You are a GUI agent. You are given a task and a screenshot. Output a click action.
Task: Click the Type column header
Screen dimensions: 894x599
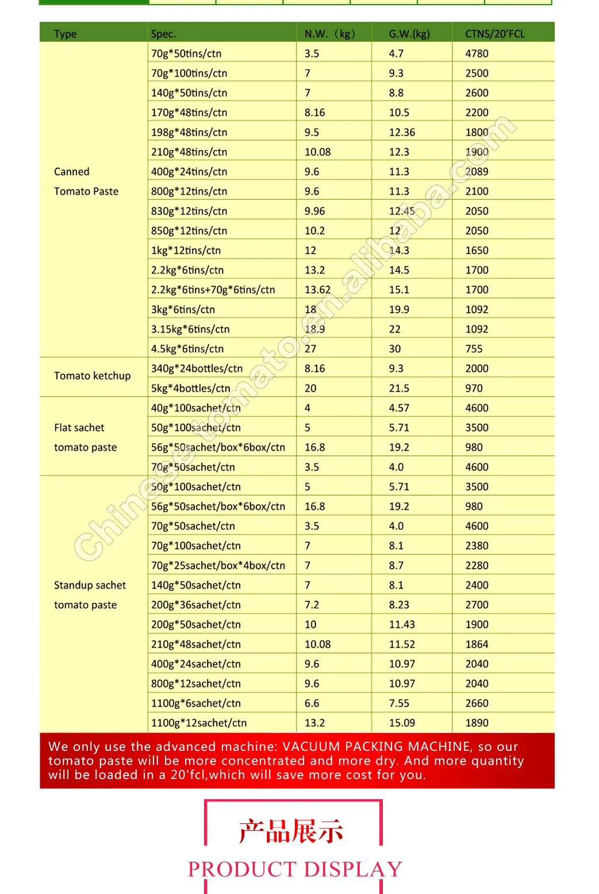(65, 34)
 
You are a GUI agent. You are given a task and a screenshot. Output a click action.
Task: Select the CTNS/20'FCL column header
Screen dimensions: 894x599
(494, 34)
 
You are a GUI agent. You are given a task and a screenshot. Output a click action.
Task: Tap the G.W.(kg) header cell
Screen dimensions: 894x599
(409, 34)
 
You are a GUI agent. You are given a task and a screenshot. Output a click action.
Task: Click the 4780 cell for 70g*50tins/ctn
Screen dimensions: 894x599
(477, 53)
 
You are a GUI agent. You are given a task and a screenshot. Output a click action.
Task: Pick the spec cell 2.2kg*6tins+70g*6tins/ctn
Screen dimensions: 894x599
(213, 290)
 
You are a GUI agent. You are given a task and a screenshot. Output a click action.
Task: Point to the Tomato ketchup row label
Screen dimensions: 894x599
(92, 376)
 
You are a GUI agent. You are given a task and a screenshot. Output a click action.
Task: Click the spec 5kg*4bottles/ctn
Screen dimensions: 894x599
(190, 388)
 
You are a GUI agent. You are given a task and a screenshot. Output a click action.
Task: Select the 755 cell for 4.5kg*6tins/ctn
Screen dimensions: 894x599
(474, 349)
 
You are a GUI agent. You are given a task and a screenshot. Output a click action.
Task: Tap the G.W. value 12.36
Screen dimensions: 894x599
(402, 132)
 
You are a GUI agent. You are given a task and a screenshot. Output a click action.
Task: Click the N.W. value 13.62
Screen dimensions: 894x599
(317, 290)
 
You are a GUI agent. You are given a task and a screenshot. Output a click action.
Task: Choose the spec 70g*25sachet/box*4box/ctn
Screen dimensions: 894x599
(218, 566)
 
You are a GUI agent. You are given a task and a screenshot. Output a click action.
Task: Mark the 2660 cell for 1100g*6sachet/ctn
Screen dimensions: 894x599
(477, 703)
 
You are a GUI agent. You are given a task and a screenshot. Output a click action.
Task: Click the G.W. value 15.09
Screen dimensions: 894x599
(402, 723)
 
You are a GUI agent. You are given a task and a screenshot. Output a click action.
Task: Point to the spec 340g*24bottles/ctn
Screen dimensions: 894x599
(197, 369)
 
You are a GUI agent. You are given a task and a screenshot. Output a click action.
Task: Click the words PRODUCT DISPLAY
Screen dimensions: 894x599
(295, 869)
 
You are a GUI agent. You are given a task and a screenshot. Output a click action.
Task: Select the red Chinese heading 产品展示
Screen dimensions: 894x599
(291, 831)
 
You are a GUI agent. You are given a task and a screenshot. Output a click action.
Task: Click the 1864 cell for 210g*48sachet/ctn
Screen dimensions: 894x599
(477, 644)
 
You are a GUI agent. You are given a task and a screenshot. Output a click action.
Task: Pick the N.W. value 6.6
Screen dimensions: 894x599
(312, 703)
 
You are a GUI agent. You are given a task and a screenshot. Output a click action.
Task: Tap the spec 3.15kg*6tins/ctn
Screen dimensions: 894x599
(190, 329)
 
